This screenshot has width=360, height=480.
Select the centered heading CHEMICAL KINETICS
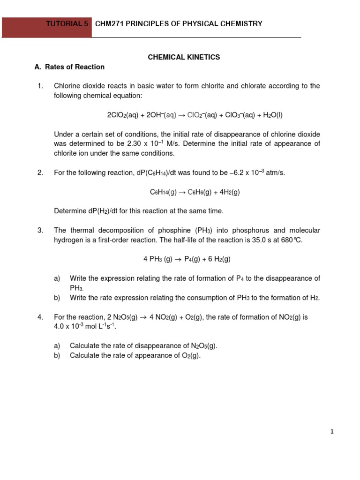184,57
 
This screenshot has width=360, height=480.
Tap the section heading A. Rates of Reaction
69,67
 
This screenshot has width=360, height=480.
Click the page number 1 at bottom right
332,432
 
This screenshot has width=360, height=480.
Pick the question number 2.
40,173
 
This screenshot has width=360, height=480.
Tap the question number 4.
40,317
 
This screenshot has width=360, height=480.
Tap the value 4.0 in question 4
60,327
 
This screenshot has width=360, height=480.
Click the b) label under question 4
57,355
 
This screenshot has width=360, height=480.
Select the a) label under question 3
57,278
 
